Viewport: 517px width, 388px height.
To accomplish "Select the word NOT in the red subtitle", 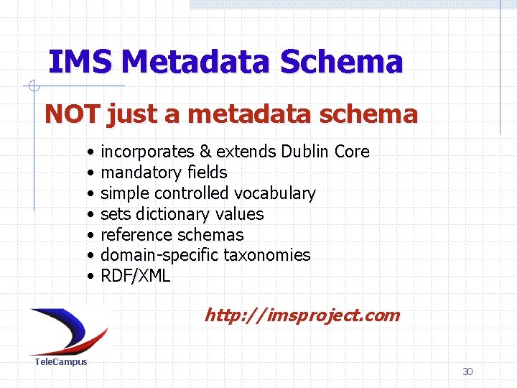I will tap(73, 114).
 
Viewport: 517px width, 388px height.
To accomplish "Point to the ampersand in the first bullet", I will tap(205, 152).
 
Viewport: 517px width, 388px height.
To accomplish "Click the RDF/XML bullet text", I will tap(135, 276).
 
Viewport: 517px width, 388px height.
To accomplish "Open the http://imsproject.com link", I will tap(302, 315).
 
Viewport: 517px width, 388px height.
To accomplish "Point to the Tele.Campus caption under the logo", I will tap(61, 361).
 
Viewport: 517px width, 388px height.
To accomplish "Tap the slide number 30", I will tap(467, 371).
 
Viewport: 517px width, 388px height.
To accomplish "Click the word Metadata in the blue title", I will tap(196, 63).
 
